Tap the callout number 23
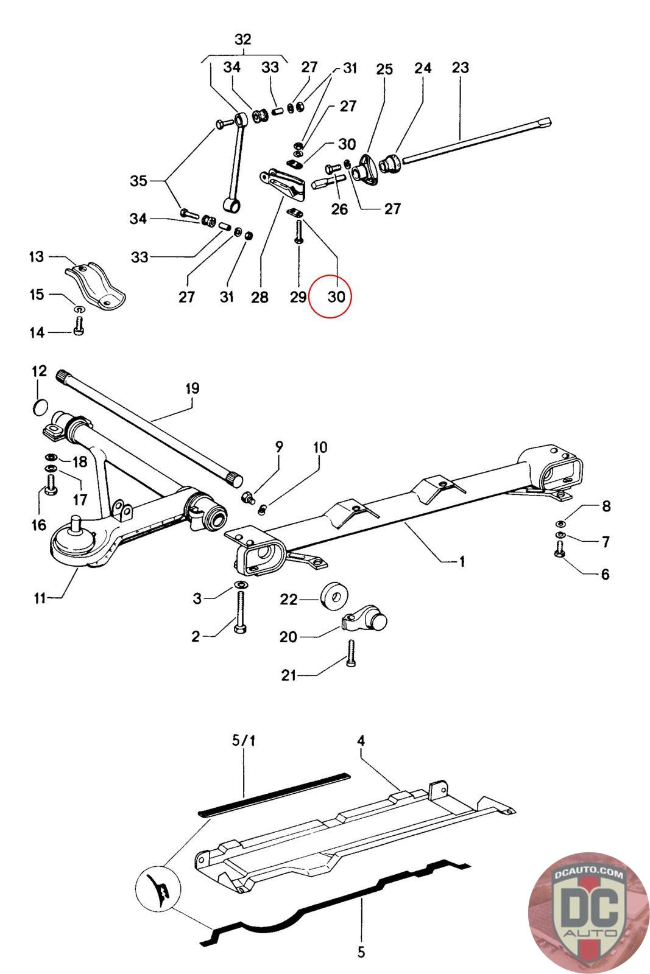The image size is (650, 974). point(461,68)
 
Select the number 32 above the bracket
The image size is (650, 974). point(242,40)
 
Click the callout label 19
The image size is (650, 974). point(192,388)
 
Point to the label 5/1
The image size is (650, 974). point(244,741)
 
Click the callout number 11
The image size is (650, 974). point(40,598)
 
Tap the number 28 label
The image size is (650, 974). point(260,297)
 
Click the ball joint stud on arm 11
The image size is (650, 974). point(77,522)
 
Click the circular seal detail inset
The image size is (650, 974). point(157,887)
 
